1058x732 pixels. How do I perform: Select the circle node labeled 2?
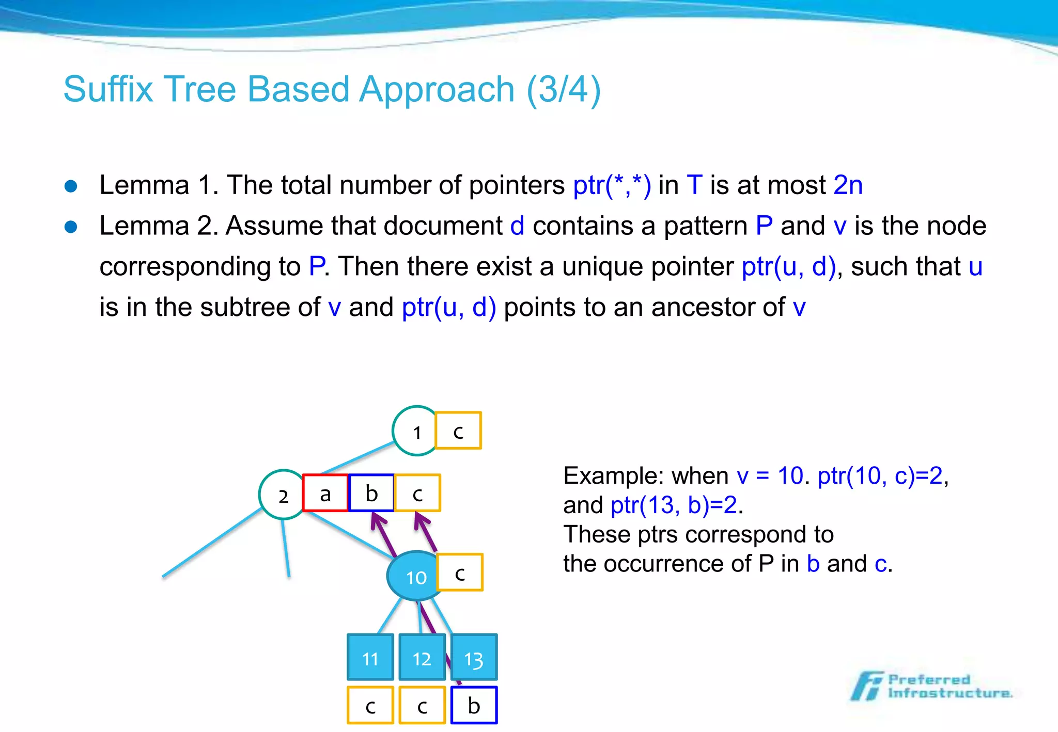[x=282, y=495]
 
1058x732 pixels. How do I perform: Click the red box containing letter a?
[x=325, y=494]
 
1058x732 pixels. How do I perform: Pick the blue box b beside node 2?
[x=371, y=494]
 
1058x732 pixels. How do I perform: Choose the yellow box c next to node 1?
[x=458, y=431]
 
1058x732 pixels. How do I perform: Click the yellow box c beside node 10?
[x=460, y=572]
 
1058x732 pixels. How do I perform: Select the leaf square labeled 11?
[x=370, y=658]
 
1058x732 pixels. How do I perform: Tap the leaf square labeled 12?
[x=422, y=658]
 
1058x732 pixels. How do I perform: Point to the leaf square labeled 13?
[x=474, y=658]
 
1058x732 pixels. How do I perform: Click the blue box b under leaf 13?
[x=474, y=705]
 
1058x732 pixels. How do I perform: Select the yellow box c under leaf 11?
[x=370, y=705]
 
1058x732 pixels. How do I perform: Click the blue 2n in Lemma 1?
[x=848, y=185]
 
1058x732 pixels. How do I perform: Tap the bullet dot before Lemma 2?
[x=71, y=227]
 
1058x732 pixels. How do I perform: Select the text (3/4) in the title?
[x=564, y=89]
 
